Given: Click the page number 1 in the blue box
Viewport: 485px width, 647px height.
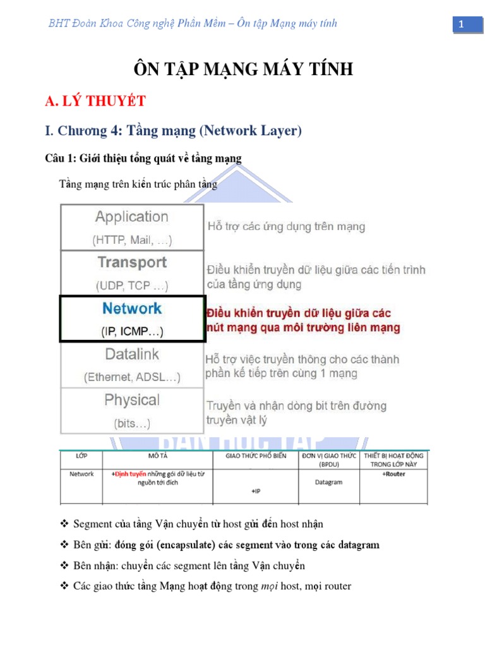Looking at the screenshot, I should pos(462,24).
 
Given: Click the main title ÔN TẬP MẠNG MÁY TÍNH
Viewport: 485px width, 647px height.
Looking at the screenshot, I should pos(242,69).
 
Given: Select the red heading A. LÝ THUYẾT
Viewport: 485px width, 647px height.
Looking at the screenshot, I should pos(95,101).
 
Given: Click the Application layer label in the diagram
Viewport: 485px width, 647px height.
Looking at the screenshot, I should pos(132,217).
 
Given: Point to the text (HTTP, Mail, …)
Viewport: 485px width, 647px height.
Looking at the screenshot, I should pos(132,240).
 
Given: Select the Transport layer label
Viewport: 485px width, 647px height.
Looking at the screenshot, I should pos(132,262).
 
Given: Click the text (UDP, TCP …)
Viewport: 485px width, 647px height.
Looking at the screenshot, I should pos(132,286).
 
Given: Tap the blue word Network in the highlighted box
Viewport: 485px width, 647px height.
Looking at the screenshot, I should pos(132,308).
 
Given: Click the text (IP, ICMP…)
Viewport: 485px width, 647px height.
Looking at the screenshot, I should pos(132,331).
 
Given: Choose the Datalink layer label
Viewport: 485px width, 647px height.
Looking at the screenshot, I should pos(132,354).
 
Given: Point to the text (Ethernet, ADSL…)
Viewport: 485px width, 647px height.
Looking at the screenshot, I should pos(132,377).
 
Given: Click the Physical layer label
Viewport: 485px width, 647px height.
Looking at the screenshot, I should pos(132,400).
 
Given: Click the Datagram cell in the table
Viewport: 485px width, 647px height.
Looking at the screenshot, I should pos(328,482).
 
